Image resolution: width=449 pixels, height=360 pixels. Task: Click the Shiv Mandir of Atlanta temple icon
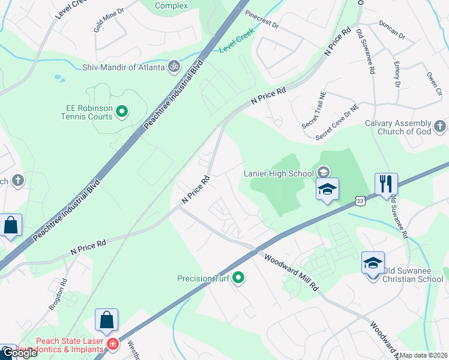[x=174, y=67]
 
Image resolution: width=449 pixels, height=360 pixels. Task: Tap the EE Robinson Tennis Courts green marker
[x=122, y=111]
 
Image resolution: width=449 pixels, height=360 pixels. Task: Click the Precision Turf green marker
[x=238, y=278]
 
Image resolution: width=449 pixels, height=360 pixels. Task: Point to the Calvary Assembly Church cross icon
[x=440, y=127]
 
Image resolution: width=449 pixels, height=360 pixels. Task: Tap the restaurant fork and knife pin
[x=386, y=184]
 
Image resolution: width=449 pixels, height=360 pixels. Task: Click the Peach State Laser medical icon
[x=112, y=344]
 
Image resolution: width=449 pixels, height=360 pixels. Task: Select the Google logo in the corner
[x=19, y=353]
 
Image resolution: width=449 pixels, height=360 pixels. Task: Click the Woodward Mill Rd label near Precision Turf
[x=292, y=272]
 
